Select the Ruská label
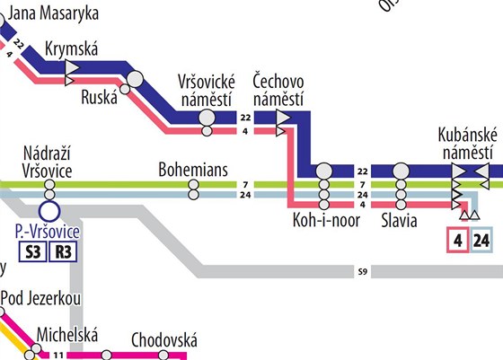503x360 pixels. click(x=99, y=98)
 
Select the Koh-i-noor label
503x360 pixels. click(x=325, y=220)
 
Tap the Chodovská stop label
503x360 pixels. click(x=163, y=340)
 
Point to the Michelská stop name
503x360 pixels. click(x=66, y=335)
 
